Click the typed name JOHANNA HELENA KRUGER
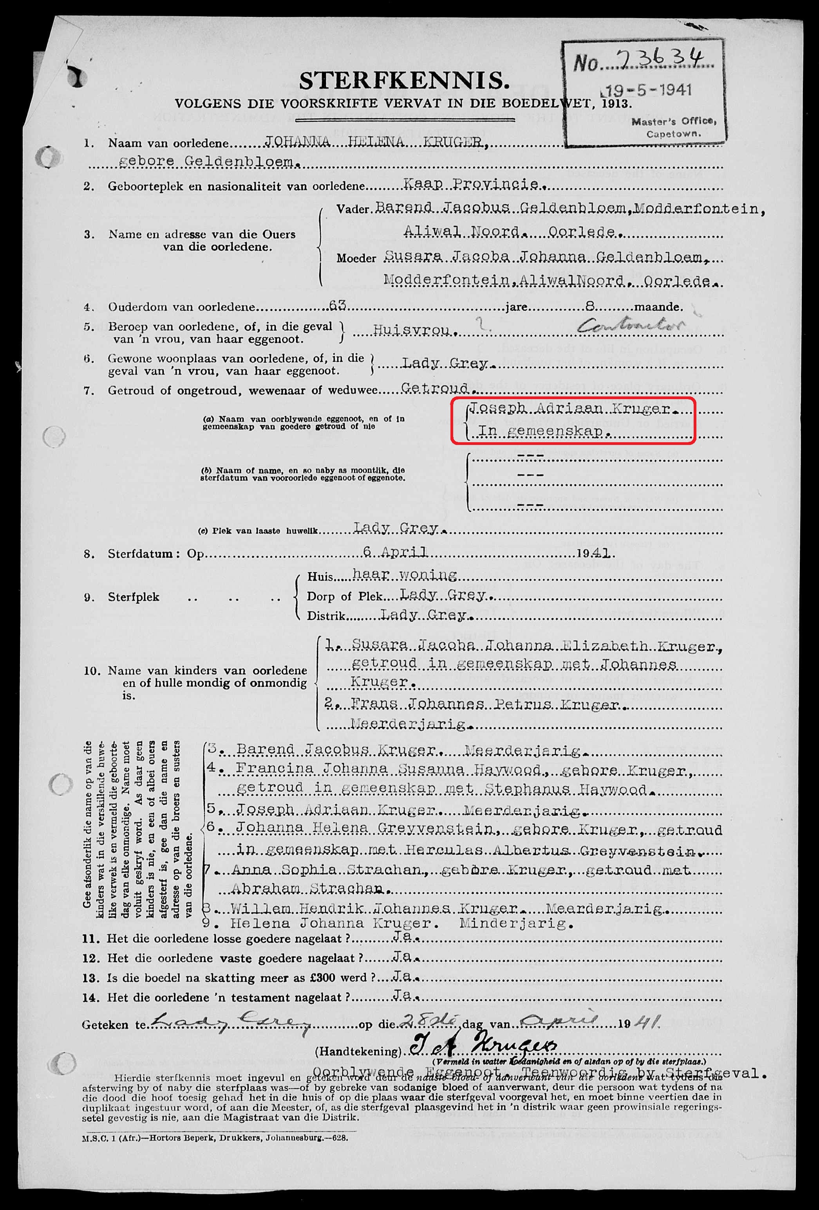(376, 142)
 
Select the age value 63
(337, 306)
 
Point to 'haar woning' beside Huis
(405, 574)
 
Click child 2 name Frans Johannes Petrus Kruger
(485, 704)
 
